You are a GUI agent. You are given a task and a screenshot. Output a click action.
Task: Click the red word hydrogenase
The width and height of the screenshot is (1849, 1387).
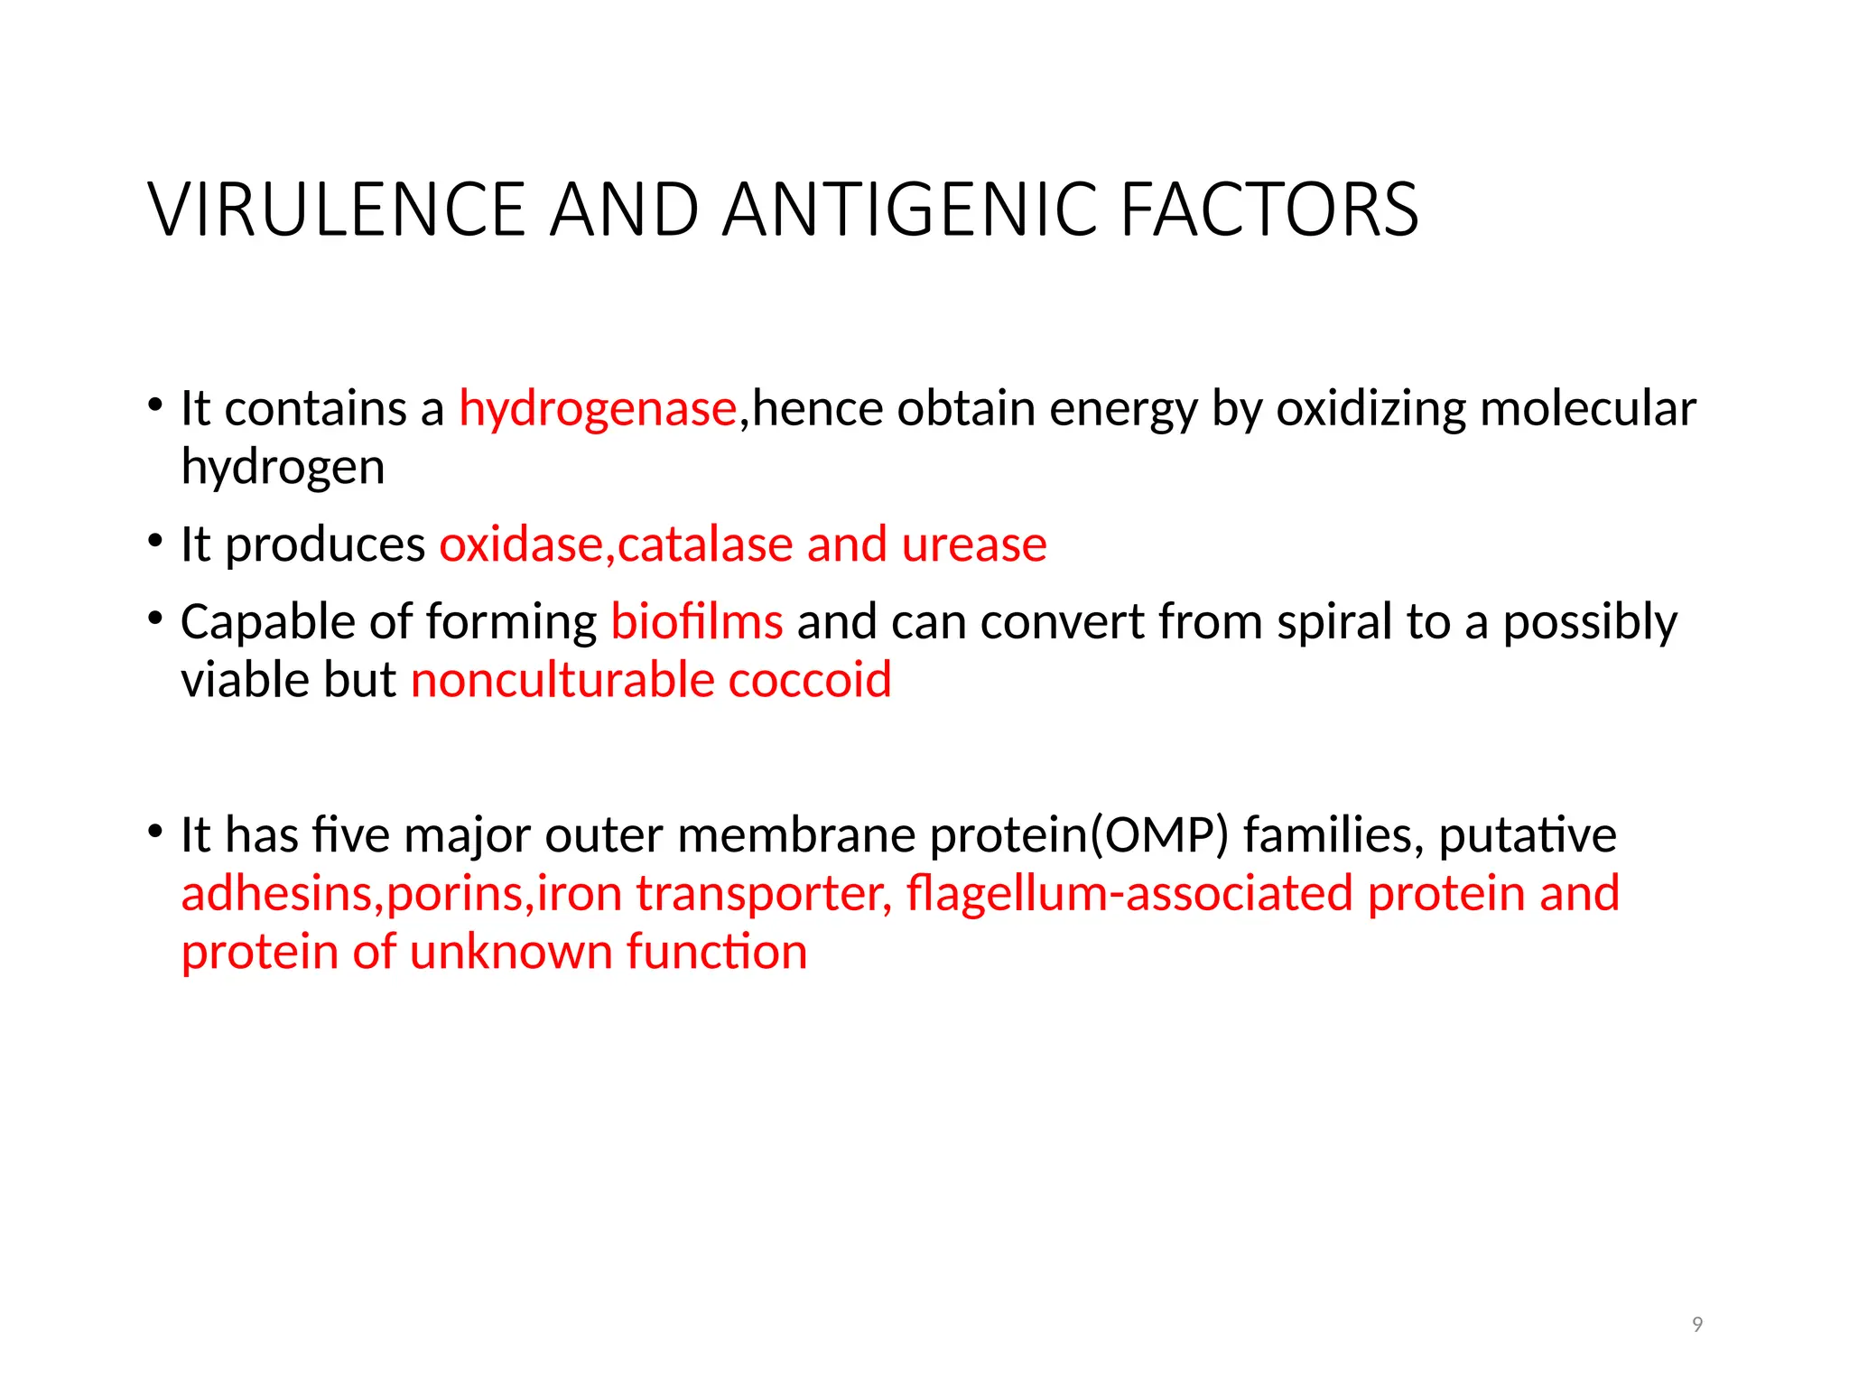pyautogui.click(x=598, y=408)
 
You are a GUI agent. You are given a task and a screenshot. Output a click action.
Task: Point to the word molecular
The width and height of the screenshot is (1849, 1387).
pyautogui.click(x=1588, y=408)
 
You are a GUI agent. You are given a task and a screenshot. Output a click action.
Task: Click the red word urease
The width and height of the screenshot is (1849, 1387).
pyautogui.click(x=974, y=545)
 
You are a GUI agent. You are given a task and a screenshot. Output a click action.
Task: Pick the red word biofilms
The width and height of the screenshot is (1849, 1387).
pyautogui.click(x=697, y=622)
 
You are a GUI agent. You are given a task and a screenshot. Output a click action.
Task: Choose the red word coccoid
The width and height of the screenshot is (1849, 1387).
pyautogui.click(x=810, y=680)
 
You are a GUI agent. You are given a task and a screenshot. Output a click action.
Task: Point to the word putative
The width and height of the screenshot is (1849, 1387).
pyautogui.click(x=1527, y=834)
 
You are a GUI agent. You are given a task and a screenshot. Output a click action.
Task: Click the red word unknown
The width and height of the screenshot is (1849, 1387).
pyautogui.click(x=511, y=952)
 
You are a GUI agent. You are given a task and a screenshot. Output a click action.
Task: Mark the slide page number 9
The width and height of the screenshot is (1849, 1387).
pyautogui.click(x=1697, y=1325)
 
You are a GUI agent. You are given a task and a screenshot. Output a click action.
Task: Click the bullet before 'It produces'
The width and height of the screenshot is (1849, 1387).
pyautogui.click(x=156, y=541)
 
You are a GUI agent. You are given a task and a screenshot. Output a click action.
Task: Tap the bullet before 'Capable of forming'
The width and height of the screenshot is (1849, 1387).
pyautogui.click(x=156, y=619)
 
